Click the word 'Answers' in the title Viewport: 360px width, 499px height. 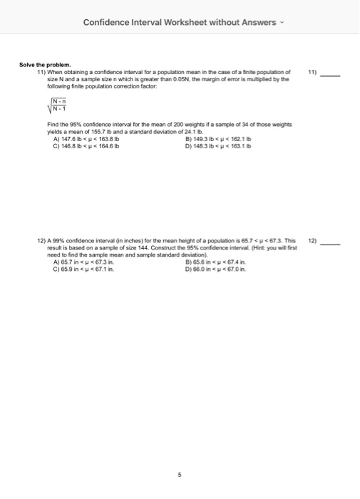257,22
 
